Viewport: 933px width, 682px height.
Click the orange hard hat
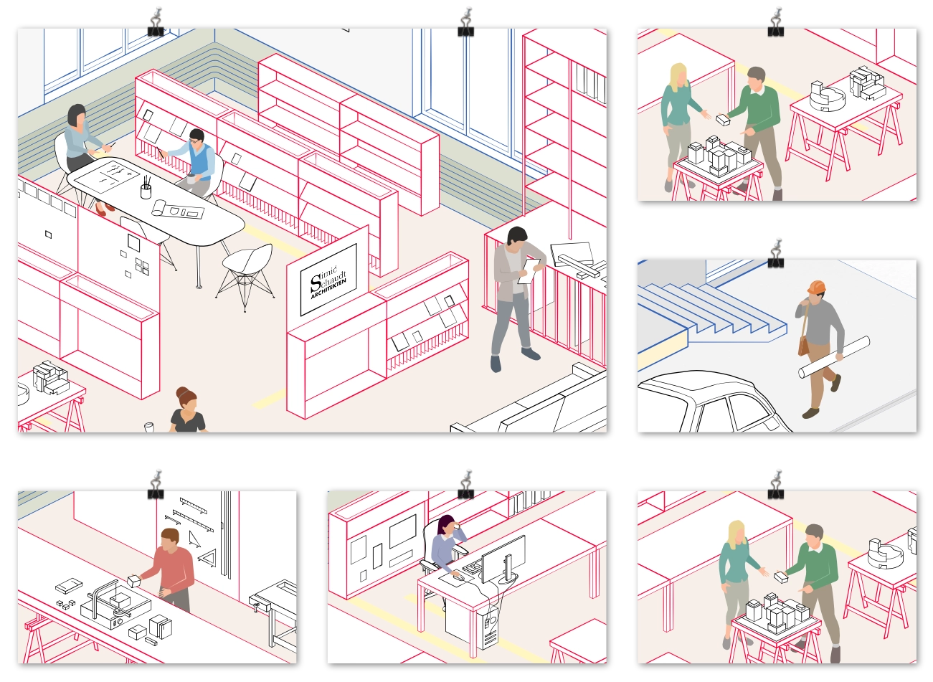pyautogui.click(x=816, y=287)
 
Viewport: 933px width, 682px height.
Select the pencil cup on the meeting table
pyautogui.click(x=146, y=191)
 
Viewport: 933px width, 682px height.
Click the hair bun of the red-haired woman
pyautogui.click(x=182, y=392)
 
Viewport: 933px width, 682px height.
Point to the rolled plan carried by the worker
pyautogui.click(x=834, y=357)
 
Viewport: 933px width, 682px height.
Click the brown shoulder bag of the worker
pyautogui.click(x=803, y=346)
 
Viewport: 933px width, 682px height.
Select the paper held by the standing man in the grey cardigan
pyautogui.click(x=529, y=271)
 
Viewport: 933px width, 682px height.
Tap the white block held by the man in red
pyautogui.click(x=133, y=581)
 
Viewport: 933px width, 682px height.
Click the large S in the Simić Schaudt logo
pyautogui.click(x=316, y=283)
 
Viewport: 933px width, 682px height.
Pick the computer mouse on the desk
pyautogui.click(x=458, y=577)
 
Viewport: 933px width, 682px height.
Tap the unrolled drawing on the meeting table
pyautogui.click(x=178, y=209)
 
